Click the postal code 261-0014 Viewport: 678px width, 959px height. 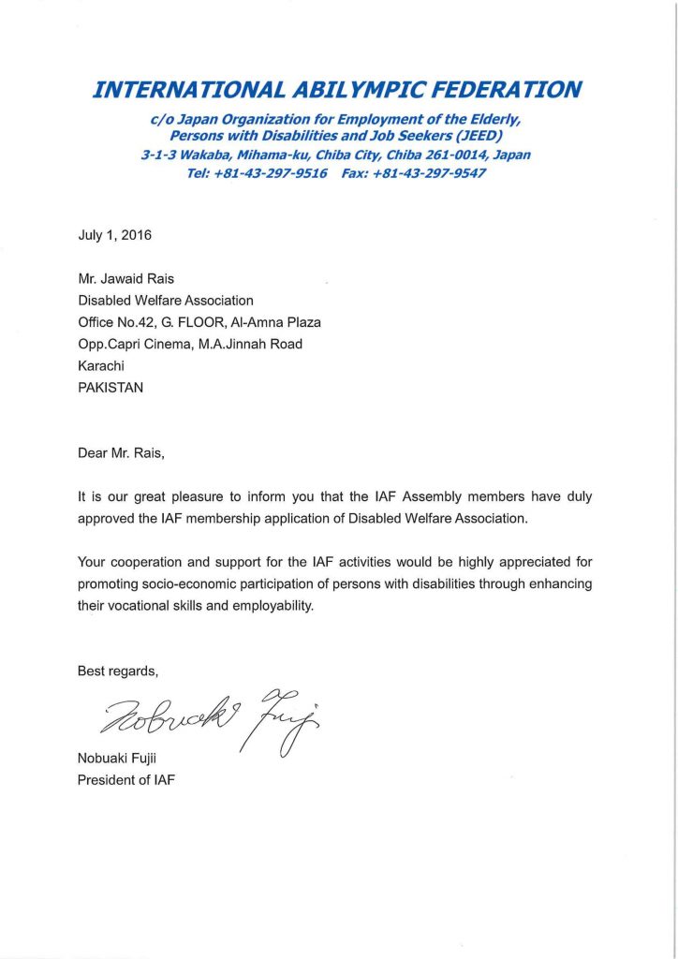pyautogui.click(x=454, y=155)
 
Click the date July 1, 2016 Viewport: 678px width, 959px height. pyautogui.click(x=114, y=235)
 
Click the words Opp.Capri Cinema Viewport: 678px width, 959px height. pyautogui.click(x=131, y=344)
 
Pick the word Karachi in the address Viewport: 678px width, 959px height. pyautogui.click(x=101, y=365)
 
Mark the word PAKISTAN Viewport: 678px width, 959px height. pyautogui.click(x=111, y=387)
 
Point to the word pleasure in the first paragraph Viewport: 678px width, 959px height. pyautogui.click(x=218, y=497)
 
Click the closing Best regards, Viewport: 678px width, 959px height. pyautogui.click(x=118, y=671)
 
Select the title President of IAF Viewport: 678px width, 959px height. pyautogui.click(x=125, y=779)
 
